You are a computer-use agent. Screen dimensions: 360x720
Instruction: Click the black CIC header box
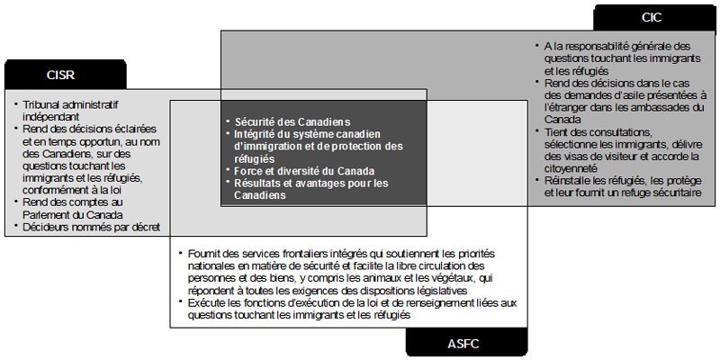point(652,18)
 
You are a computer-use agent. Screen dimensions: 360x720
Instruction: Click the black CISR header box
point(59,75)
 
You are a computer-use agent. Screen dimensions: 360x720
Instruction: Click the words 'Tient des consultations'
point(598,131)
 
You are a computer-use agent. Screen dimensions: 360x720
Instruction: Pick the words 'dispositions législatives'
point(409,291)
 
